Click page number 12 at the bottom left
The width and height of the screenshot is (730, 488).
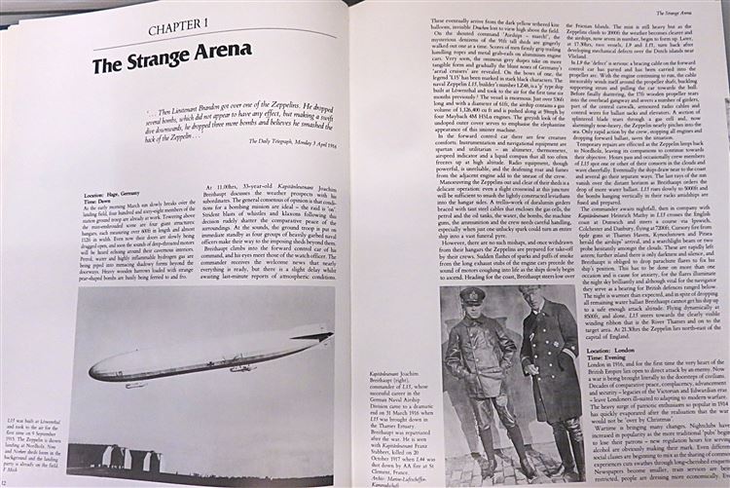6,481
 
